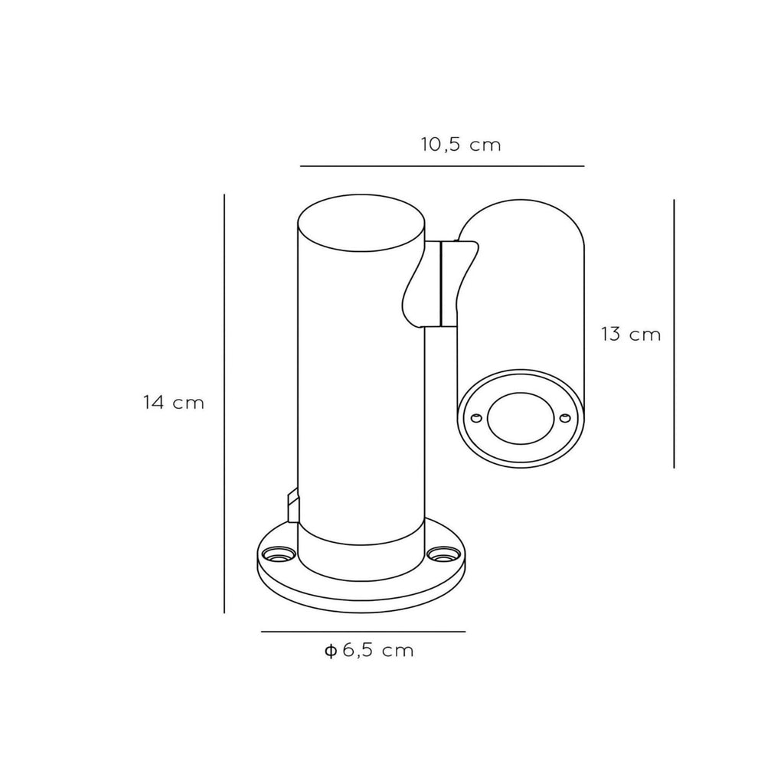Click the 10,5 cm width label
(x=460, y=145)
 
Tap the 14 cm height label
(x=174, y=403)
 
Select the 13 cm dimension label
(x=631, y=334)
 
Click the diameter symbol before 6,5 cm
(x=330, y=651)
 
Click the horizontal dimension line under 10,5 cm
(x=442, y=166)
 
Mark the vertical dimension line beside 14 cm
(x=224, y=403)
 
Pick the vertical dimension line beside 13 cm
(x=674, y=334)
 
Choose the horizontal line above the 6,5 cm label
(x=364, y=632)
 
